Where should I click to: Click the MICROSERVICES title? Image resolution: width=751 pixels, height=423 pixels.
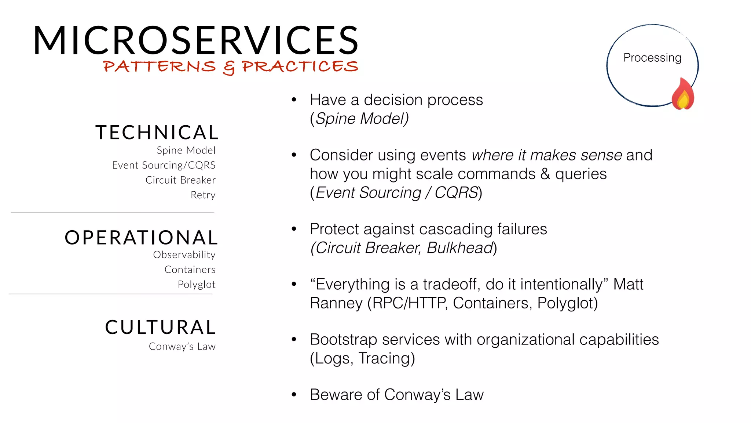[x=196, y=40]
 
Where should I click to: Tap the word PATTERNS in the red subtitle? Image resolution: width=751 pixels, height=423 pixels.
[x=160, y=66]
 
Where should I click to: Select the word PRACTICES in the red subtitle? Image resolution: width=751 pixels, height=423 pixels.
[x=300, y=66]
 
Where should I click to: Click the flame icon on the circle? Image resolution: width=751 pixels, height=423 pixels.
[x=683, y=94]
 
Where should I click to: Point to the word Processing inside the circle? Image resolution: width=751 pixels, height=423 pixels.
[x=652, y=58]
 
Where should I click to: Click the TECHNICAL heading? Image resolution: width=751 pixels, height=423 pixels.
[x=157, y=133]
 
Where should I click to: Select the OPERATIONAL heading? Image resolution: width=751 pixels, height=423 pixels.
[x=141, y=238]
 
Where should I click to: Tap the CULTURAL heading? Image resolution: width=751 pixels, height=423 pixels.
[x=161, y=327]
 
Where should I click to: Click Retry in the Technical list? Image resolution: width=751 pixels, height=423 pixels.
[x=203, y=195]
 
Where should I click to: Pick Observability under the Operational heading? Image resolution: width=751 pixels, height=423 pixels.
[x=184, y=255]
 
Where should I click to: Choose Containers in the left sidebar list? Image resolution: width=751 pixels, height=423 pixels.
[x=190, y=270]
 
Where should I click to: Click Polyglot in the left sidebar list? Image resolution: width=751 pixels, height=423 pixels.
[x=197, y=285]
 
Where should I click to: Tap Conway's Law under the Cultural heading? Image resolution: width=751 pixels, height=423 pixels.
[x=182, y=347]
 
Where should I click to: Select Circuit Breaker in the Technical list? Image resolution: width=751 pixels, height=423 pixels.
[x=180, y=180]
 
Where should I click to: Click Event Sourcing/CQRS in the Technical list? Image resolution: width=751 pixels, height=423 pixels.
[x=164, y=165]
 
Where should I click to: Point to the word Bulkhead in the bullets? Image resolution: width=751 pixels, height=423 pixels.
[x=460, y=248]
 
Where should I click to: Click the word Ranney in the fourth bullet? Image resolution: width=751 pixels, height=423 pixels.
[x=336, y=303]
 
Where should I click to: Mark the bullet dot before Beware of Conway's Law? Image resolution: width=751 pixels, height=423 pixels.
[x=294, y=395]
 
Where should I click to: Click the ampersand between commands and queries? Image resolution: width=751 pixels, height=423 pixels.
[x=545, y=174]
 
